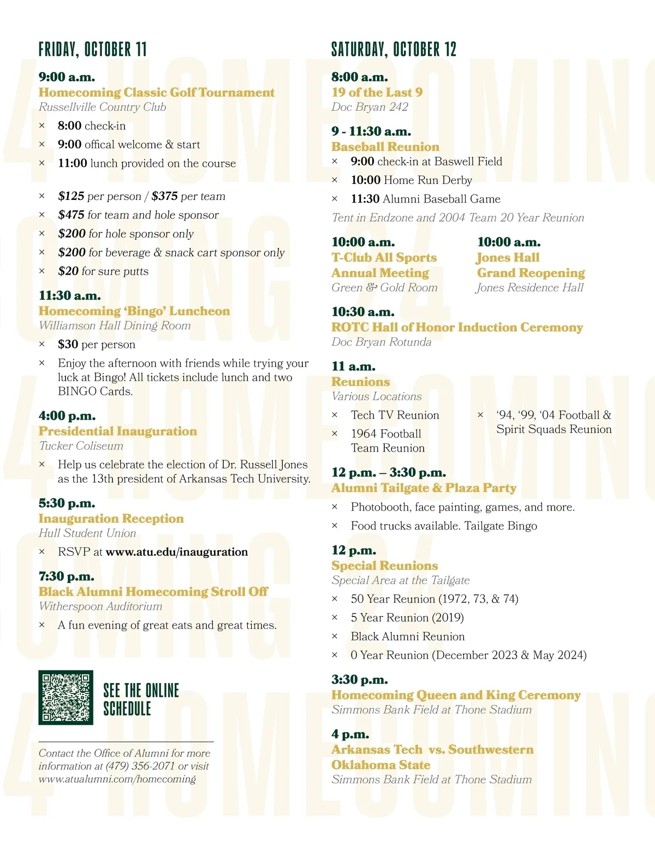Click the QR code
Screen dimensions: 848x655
tap(65, 697)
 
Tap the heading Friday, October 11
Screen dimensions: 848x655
tap(93, 50)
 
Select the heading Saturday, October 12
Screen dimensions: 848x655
tap(394, 50)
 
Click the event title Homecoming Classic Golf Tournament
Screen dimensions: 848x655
tap(157, 92)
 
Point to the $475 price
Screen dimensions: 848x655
tap(72, 215)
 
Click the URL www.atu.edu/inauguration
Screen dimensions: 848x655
tap(177, 552)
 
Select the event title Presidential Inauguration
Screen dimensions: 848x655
tap(118, 431)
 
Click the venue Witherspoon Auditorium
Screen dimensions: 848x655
tap(100, 607)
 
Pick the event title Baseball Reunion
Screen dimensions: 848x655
tap(385, 147)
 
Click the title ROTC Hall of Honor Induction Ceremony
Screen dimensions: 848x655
tap(457, 328)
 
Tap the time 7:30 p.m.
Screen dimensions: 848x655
tap(67, 577)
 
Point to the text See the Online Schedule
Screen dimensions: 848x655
tap(141, 699)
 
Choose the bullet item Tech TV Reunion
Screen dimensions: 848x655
tap(395, 416)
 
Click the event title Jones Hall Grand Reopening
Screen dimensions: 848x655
tap(530, 265)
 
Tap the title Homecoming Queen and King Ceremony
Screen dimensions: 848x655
tap(456, 695)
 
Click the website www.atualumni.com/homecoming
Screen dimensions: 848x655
tap(117, 779)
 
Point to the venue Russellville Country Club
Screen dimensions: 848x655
tap(103, 107)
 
